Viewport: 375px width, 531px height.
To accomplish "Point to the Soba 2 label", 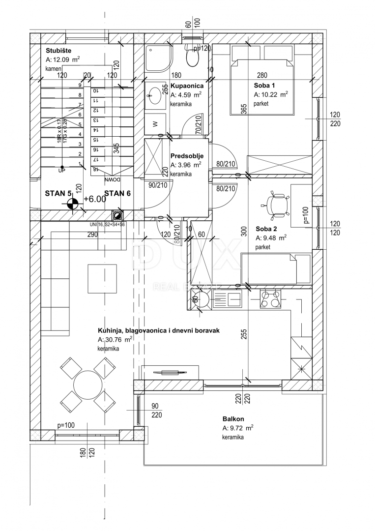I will [x=266, y=229].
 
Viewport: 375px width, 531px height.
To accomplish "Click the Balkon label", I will [x=231, y=419].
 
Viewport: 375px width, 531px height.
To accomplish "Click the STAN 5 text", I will [x=58, y=193].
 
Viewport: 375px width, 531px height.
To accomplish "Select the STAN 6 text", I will [x=117, y=193].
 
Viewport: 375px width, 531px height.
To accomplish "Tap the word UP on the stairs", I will [x=61, y=171].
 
